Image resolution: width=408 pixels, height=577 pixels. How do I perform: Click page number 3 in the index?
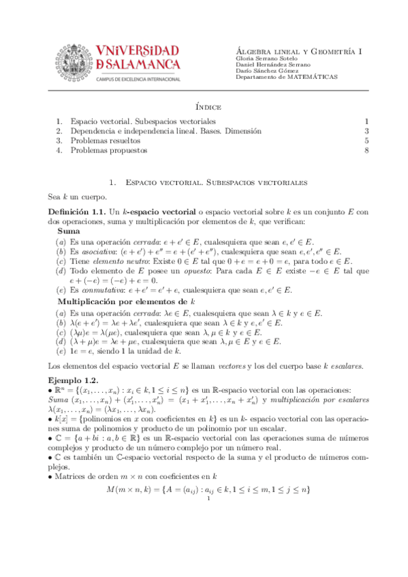coord(366,131)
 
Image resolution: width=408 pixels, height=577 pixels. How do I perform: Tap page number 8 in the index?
coord(366,150)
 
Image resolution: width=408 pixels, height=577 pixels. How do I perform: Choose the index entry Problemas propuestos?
coord(104,150)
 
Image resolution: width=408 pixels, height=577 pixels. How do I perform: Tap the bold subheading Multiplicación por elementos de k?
coord(126,300)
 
